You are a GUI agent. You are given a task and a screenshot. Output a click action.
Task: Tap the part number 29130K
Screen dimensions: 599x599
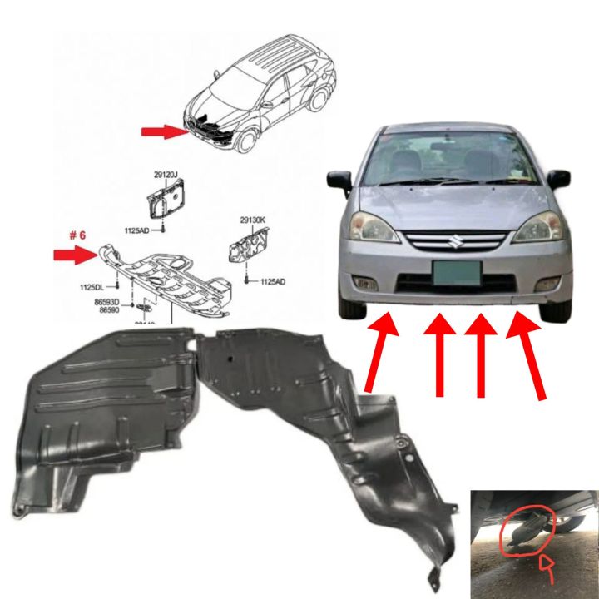253,220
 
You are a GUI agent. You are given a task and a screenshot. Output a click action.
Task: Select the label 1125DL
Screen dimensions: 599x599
92,287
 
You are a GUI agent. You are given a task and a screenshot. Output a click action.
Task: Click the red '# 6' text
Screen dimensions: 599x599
78,235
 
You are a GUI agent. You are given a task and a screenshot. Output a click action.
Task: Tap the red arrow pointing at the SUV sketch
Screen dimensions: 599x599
159,131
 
